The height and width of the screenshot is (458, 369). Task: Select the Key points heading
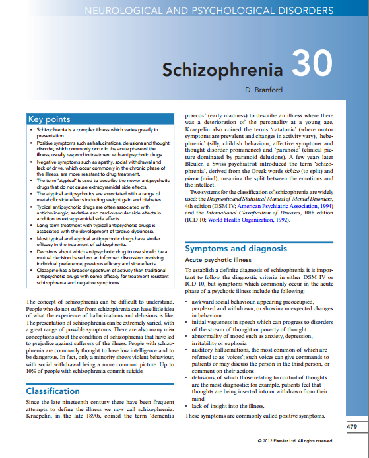pos(49,119)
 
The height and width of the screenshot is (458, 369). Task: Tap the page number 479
pos(353,428)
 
